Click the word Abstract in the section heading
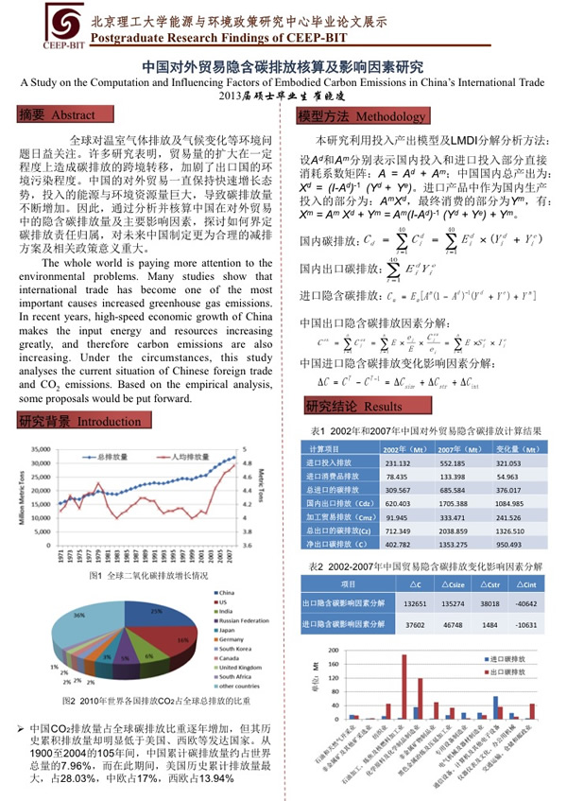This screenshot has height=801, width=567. (73, 115)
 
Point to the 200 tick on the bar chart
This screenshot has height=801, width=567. (332, 651)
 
